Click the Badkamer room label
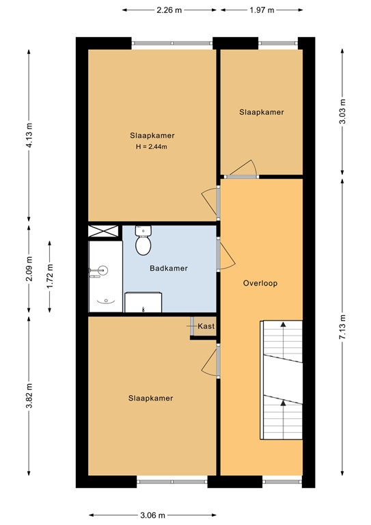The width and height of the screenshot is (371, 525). click(169, 268)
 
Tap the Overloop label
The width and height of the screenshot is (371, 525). click(260, 282)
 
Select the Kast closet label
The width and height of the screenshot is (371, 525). click(206, 327)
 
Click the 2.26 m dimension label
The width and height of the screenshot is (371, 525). click(169, 10)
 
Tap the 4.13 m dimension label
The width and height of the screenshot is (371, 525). click(29, 130)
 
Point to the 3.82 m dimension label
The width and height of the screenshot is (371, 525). click(29, 396)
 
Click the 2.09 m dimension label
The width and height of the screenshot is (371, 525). click(29, 270)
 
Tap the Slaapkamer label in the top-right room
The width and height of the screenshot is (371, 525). click(261, 112)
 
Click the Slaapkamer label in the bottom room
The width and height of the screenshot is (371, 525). click(150, 398)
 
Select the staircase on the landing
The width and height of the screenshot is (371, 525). click(281, 381)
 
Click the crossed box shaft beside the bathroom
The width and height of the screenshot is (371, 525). click(104, 231)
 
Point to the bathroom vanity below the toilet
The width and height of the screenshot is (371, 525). click(143, 301)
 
